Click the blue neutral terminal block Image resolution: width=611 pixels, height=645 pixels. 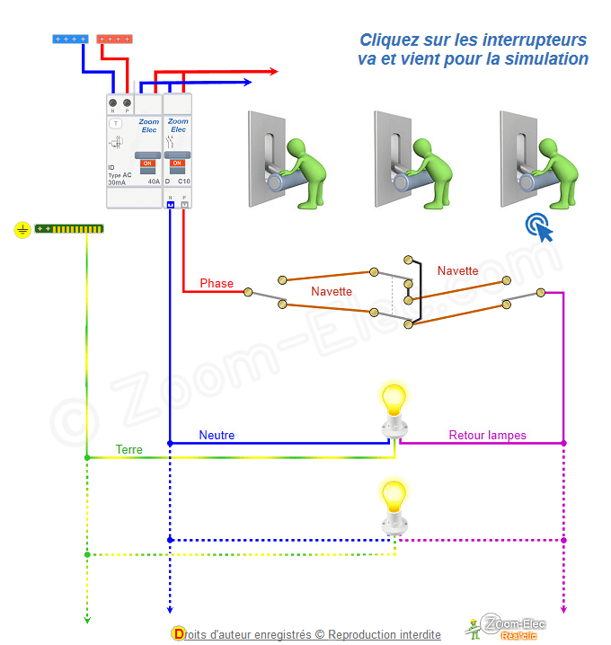pyautogui.click(x=70, y=40)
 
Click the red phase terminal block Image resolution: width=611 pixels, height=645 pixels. pyautogui.click(x=114, y=40)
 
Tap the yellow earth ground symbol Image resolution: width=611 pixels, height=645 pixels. pyautogui.click(x=22, y=230)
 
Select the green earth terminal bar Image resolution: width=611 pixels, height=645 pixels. pyautogui.click(x=69, y=230)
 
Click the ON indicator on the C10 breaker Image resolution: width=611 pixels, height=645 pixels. pyautogui.click(x=177, y=163)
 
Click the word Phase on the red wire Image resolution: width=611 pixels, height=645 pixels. pyautogui.click(x=217, y=284)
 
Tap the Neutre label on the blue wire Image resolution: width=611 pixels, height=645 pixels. pyautogui.click(x=217, y=436)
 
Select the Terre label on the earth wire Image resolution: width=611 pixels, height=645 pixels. pyautogui.click(x=128, y=449)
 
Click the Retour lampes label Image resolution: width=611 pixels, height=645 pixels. pyautogui.click(x=488, y=436)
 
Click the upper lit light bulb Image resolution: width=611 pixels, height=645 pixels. pyautogui.click(x=393, y=398)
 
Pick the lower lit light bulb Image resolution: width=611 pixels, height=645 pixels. pyautogui.click(x=393, y=496)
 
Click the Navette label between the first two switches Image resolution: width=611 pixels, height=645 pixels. pyautogui.click(x=332, y=292)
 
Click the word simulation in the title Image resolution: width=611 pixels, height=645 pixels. pyautogui.click(x=545, y=59)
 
